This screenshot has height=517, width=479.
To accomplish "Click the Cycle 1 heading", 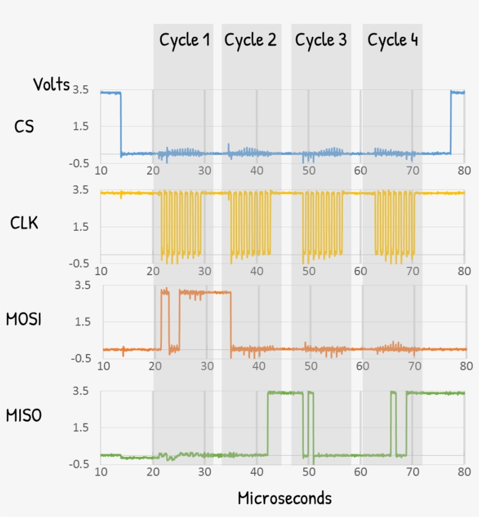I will tap(185, 40).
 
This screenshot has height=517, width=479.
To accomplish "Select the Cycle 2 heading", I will tap(251, 40).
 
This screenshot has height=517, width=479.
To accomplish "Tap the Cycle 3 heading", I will tap(321, 40).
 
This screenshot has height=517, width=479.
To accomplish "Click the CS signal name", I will tap(24, 126).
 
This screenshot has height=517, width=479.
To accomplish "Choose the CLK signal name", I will tap(25, 223).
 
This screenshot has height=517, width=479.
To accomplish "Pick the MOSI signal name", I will tap(24, 319).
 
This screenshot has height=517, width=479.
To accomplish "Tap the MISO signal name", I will tap(24, 416).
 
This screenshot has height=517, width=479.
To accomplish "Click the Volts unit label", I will tap(51, 85).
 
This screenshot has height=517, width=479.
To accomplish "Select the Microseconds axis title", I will tap(284, 498).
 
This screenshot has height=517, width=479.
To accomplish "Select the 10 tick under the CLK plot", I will tap(101, 272).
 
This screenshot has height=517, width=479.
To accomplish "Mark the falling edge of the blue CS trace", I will tap(121, 124).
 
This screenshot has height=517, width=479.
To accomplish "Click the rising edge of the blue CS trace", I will tap(451, 123).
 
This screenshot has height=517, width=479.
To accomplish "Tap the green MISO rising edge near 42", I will tap(268, 424).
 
